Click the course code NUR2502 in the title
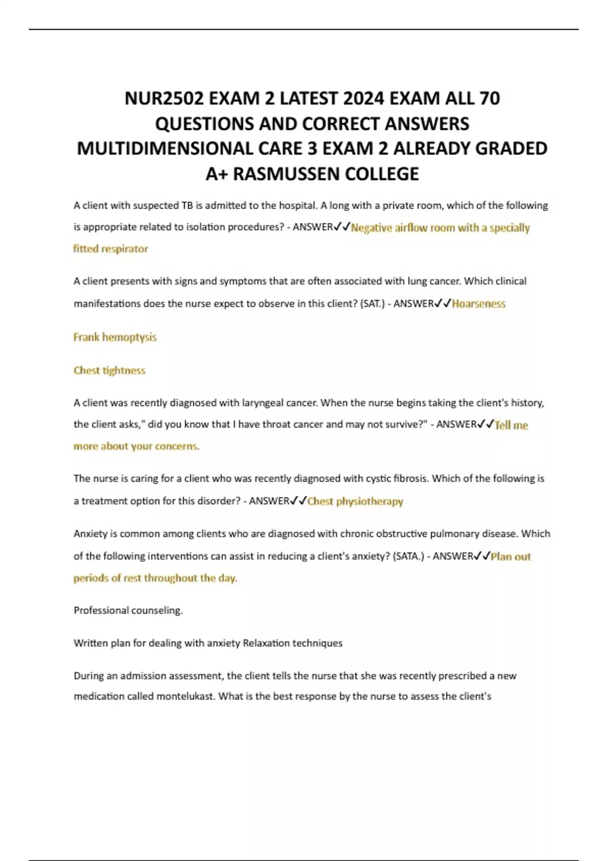[x=164, y=98]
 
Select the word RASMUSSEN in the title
[x=287, y=174]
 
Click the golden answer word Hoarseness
[x=479, y=304]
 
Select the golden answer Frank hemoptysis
[x=115, y=337]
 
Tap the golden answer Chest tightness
[x=109, y=371]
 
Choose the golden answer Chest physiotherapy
[x=355, y=501]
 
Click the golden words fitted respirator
[x=110, y=249]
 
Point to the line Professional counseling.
[x=128, y=610]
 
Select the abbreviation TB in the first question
[x=187, y=206]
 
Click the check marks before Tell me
[x=485, y=424]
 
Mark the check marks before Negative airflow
[x=342, y=227]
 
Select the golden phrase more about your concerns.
[x=136, y=446]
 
